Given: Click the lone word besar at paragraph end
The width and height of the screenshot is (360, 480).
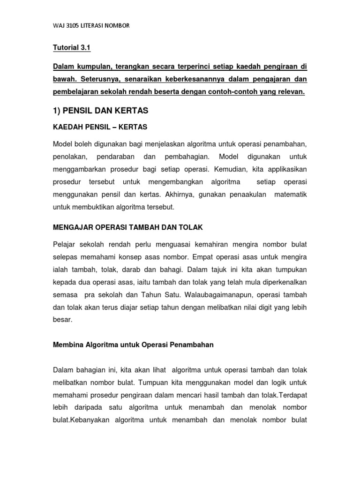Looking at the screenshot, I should pos(62,320).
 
